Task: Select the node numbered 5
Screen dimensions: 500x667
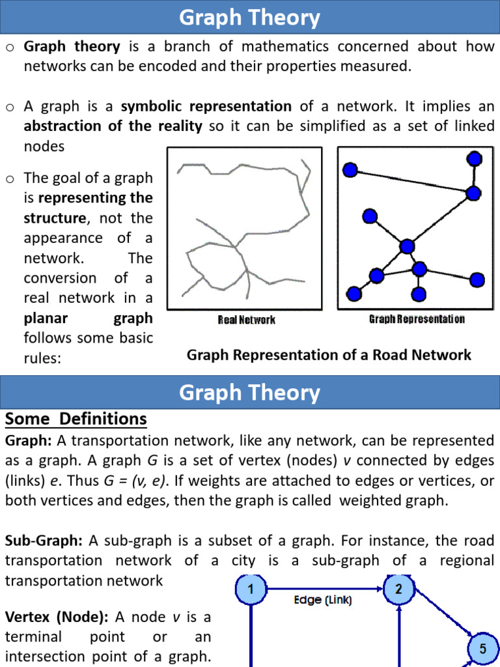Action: click(482, 649)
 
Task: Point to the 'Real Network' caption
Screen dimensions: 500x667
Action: click(246, 320)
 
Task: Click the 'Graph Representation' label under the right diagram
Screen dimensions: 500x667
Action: click(417, 319)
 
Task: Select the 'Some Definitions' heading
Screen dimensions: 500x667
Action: click(76, 418)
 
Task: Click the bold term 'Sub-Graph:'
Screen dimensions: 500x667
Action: click(44, 541)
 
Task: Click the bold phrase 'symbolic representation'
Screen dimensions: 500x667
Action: click(206, 106)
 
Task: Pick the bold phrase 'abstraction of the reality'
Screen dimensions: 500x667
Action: click(113, 126)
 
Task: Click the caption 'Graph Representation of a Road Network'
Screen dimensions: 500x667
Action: click(329, 355)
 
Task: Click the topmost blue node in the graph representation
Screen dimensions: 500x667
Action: click(475, 158)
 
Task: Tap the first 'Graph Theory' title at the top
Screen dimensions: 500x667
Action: click(250, 18)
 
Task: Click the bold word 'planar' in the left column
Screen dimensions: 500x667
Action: click(48, 319)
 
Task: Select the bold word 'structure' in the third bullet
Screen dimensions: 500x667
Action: click(54, 218)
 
